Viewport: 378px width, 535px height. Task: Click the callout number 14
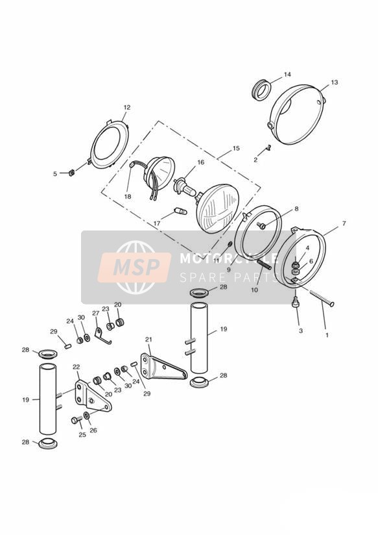[x=287, y=75]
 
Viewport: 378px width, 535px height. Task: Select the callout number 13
[x=334, y=82]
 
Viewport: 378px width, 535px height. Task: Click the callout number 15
[x=236, y=149]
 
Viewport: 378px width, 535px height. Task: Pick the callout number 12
[x=127, y=108]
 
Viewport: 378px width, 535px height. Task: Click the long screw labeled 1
[x=322, y=297]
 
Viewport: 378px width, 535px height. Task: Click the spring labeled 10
[x=264, y=263]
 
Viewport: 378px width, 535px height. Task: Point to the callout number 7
[x=344, y=223]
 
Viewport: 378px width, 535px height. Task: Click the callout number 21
[x=148, y=340]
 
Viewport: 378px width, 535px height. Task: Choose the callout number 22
[x=76, y=367]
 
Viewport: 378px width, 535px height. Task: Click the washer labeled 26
[x=87, y=416]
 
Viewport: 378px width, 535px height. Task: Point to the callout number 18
[x=128, y=197]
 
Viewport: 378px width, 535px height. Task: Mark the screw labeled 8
[x=263, y=225]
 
